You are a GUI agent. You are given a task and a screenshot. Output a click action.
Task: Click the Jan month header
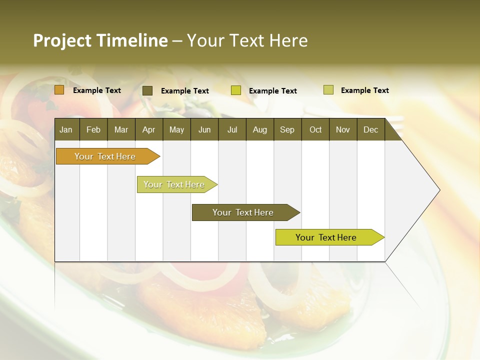point(66,130)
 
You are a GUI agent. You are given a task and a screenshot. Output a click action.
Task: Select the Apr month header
point(148,130)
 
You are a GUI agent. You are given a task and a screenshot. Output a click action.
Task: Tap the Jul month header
point(232,130)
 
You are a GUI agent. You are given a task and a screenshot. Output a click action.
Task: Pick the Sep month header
point(287,130)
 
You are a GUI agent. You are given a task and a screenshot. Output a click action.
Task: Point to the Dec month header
point(370,130)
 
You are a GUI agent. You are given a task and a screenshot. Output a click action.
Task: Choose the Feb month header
point(93,130)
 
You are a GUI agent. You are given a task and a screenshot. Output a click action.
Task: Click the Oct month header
point(315,130)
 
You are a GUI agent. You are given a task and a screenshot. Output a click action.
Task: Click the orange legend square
point(59,90)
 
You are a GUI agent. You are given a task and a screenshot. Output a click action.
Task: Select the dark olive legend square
point(147,90)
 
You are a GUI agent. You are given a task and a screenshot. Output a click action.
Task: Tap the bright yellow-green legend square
point(236,90)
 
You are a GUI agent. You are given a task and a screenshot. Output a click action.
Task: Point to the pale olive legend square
point(328,90)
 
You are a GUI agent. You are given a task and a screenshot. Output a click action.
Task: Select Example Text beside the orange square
point(97,90)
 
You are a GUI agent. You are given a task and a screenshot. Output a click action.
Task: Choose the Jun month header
point(204,130)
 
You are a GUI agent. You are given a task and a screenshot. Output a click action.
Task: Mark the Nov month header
point(343,130)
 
